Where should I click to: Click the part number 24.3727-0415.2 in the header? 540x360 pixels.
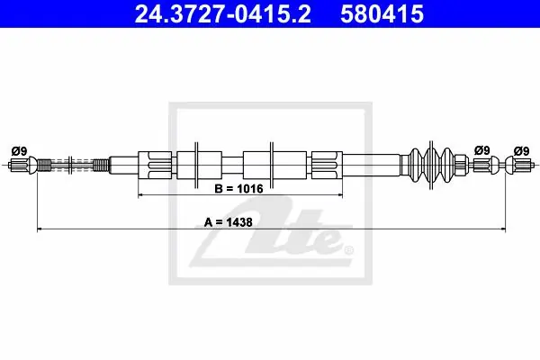click(x=222, y=14)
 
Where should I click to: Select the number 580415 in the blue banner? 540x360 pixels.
click(x=382, y=14)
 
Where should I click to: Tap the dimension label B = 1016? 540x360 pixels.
click(x=238, y=189)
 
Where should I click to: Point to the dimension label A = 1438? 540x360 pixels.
click(x=229, y=222)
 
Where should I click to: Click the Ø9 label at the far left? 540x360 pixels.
click(x=19, y=151)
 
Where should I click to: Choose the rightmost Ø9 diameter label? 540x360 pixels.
click(x=521, y=151)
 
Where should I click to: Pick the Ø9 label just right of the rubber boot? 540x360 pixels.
click(x=481, y=150)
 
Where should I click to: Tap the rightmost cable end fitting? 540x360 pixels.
click(x=519, y=165)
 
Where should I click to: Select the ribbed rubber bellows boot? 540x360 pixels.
click(x=431, y=165)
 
